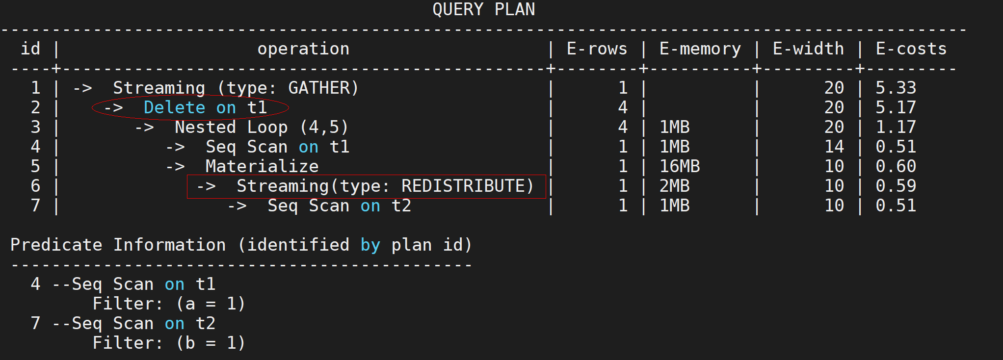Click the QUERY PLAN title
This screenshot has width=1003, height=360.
click(483, 9)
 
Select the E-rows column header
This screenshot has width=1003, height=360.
click(597, 49)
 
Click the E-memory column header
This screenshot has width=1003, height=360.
click(700, 49)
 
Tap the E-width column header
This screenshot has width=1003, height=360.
click(808, 49)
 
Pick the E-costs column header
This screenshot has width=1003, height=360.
click(911, 49)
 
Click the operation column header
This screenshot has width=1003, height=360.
click(303, 49)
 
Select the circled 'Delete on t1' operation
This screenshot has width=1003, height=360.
click(190, 107)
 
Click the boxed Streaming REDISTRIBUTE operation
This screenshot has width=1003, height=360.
click(366, 186)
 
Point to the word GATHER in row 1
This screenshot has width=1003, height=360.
click(319, 88)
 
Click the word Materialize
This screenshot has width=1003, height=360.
click(262, 166)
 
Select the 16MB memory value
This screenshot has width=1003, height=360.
click(680, 166)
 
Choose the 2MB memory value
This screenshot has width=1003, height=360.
click(675, 186)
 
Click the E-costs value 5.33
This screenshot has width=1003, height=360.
click(896, 88)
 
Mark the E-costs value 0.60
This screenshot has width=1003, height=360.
click(896, 166)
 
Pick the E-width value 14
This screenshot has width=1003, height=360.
click(834, 147)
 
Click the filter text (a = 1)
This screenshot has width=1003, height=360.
click(211, 304)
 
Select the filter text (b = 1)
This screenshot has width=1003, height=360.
click(211, 343)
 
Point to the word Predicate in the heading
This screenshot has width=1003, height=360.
click(56, 245)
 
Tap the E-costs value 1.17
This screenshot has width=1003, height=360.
click(896, 127)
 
